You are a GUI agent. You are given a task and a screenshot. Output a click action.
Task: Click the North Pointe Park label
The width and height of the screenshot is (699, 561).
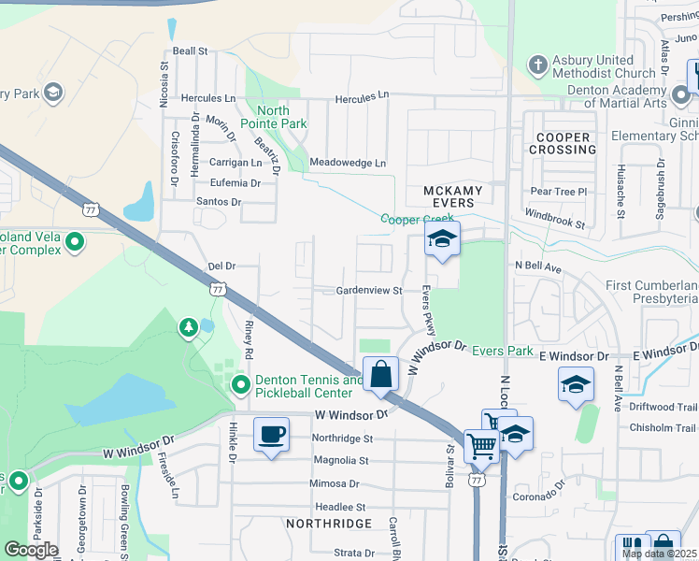click(x=273, y=117)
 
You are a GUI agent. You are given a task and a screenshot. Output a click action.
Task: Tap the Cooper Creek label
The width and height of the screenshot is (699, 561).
click(x=417, y=219)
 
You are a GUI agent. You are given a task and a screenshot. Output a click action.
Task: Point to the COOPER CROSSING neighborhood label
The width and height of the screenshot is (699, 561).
click(x=563, y=143)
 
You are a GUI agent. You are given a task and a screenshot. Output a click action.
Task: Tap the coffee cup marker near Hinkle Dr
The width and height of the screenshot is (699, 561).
click(x=271, y=436)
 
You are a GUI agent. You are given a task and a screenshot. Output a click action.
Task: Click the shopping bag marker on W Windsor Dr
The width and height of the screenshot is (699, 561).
click(x=381, y=375)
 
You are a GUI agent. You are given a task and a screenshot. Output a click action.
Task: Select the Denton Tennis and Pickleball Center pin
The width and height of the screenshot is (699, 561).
click(x=240, y=385)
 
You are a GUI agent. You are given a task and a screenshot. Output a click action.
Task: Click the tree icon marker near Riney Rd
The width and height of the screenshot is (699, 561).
click(x=190, y=326)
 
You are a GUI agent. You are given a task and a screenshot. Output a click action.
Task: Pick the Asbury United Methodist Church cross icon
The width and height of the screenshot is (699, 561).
click(x=537, y=65)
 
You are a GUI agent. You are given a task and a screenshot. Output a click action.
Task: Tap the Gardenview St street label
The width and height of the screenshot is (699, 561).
click(x=369, y=291)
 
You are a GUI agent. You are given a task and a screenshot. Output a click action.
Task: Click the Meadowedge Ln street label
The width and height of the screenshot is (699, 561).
click(x=347, y=163)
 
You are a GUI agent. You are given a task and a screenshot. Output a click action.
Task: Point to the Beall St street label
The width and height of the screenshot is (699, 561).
click(x=189, y=52)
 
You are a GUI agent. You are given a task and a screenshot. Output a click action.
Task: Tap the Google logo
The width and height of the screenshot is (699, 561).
click(x=30, y=550)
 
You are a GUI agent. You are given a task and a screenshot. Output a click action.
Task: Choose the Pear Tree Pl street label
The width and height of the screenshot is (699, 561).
click(x=557, y=191)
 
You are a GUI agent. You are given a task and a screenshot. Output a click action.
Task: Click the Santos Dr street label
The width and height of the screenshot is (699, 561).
click(x=219, y=202)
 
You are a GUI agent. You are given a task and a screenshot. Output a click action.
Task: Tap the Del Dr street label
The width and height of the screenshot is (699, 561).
click(x=221, y=266)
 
